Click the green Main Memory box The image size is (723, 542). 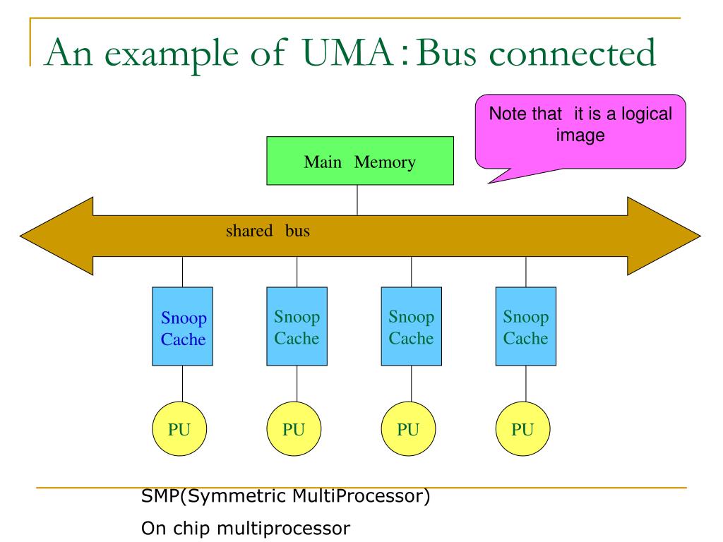[x=360, y=161]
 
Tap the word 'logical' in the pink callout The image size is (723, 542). [x=647, y=114]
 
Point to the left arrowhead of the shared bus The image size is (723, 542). [x=56, y=236]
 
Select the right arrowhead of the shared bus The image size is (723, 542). [x=664, y=236]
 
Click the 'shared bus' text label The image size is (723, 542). [x=268, y=231]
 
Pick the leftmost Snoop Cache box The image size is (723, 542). [x=183, y=326]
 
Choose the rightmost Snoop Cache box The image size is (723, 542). [x=525, y=326]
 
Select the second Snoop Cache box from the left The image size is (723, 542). [x=297, y=326]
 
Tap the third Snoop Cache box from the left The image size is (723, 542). [x=412, y=326]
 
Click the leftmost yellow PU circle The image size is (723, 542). [x=179, y=429]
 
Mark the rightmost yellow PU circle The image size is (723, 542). [x=523, y=429]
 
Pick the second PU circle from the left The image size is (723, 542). [x=294, y=429]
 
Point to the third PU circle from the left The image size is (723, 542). [x=408, y=429]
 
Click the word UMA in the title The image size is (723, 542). [x=348, y=52]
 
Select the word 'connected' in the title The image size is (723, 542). [x=572, y=53]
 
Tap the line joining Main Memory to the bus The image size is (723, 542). [x=357, y=200]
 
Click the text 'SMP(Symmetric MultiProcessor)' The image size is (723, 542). [x=285, y=496]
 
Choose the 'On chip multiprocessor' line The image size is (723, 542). [x=246, y=528]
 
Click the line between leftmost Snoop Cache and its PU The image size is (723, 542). [x=183, y=384]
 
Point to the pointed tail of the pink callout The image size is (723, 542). [x=489, y=183]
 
